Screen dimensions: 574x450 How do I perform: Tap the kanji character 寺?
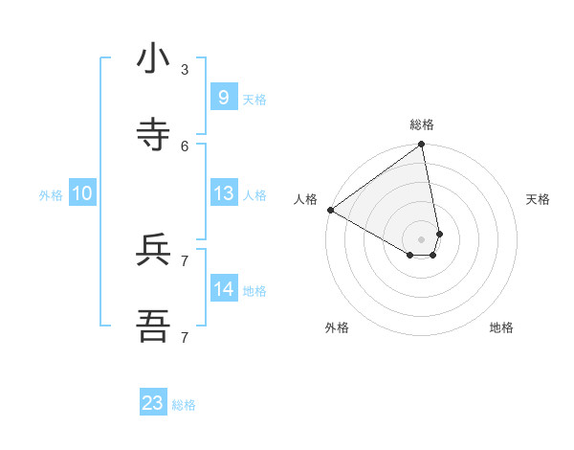153,133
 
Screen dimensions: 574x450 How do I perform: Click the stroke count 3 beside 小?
185,69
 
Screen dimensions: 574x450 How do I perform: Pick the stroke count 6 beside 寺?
185,146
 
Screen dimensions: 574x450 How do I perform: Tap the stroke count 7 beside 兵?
185,260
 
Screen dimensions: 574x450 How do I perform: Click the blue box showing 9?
223,98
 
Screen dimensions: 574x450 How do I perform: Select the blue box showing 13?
223,193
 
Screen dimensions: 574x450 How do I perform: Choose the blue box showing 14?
223,289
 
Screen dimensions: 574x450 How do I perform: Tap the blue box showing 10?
82,193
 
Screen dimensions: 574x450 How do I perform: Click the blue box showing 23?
153,403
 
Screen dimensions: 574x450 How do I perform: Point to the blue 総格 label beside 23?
184,405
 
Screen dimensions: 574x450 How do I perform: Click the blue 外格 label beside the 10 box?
51,195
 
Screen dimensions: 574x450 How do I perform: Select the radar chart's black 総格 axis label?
422,124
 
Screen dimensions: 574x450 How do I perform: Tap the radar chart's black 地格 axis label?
501,327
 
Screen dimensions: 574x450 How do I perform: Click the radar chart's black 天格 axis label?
538,199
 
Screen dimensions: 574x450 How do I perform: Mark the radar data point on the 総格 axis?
421,146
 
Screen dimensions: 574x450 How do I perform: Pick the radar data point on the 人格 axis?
330,210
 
